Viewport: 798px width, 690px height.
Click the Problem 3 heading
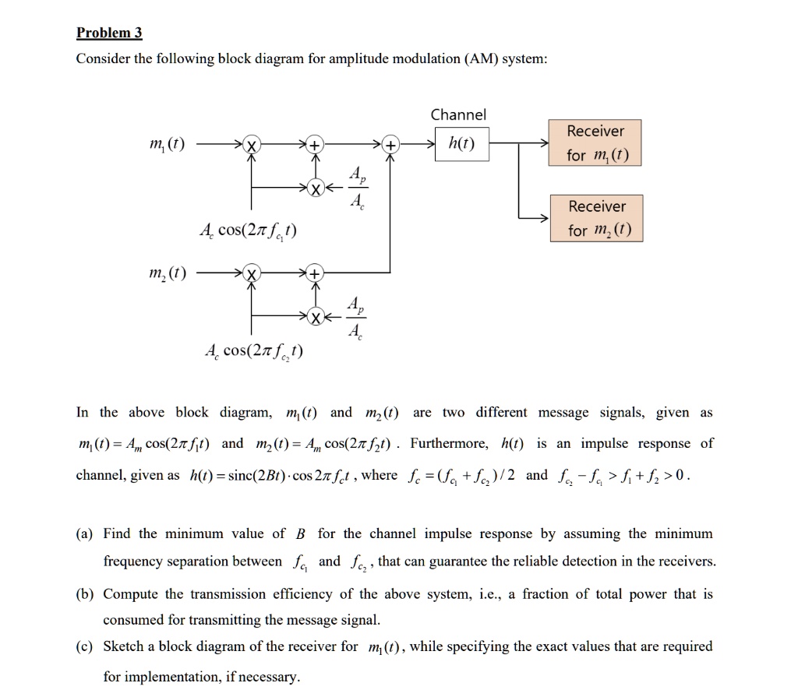point(109,33)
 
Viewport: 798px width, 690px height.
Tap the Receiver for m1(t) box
point(596,143)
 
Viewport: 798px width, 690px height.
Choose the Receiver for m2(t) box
point(596,219)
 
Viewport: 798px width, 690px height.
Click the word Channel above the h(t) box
point(458,115)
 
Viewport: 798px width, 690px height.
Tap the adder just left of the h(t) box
point(390,146)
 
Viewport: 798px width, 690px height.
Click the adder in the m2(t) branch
point(314,274)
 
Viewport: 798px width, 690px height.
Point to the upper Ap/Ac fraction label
point(355,189)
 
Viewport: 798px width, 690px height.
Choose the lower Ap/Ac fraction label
point(355,318)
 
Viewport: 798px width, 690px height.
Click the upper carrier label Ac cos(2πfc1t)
point(248,231)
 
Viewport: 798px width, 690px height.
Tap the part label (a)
point(86,533)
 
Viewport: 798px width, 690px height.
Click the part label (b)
point(86,594)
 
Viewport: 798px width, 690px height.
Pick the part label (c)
point(86,646)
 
